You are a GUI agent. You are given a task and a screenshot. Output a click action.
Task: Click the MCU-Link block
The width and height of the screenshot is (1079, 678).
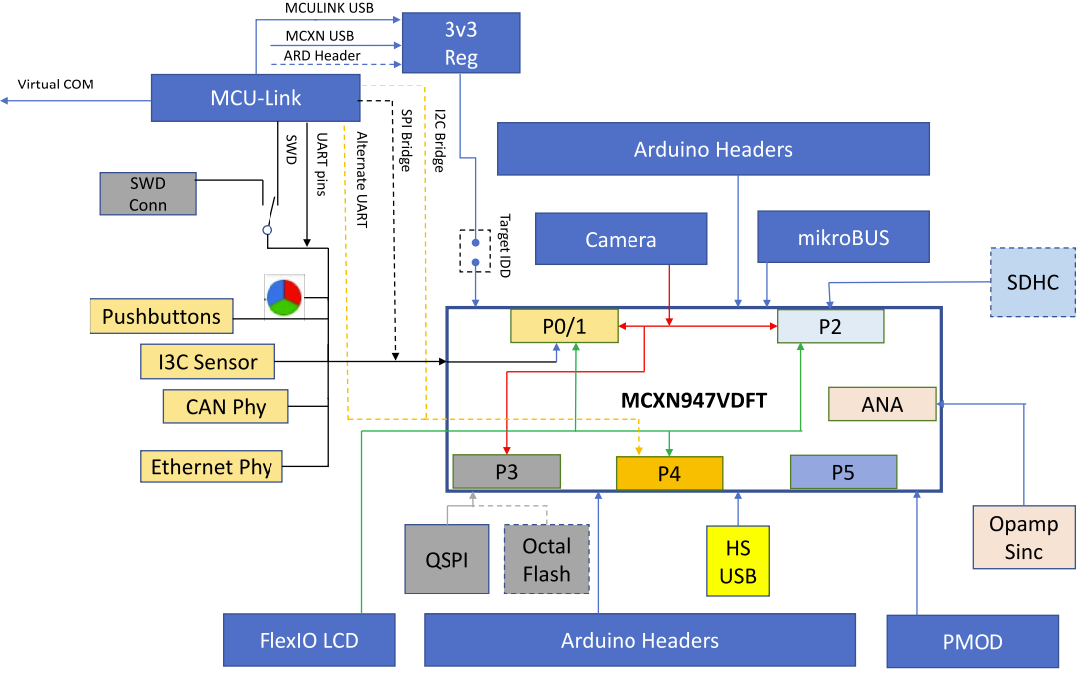click(x=256, y=99)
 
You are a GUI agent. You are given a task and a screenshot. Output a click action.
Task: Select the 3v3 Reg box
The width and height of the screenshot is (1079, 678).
click(x=460, y=42)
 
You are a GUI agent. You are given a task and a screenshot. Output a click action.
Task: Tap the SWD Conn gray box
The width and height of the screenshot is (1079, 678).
click(x=148, y=193)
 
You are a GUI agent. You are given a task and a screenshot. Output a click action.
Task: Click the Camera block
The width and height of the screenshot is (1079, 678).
click(x=621, y=239)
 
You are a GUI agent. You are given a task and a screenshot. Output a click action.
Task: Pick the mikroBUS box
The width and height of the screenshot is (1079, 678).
click(x=842, y=239)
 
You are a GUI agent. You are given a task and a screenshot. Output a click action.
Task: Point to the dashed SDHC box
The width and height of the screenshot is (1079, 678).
click(x=1033, y=282)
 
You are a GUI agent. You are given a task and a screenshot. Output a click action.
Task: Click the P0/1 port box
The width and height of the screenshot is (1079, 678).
click(x=564, y=326)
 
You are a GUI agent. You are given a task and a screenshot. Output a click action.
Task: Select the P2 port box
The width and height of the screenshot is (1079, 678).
click(x=830, y=327)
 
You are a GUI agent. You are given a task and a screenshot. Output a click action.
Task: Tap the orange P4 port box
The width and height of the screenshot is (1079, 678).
click(x=669, y=473)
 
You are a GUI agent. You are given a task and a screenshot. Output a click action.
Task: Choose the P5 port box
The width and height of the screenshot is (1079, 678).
click(x=843, y=472)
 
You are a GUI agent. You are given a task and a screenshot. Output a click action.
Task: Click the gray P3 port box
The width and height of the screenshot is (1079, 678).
click(x=506, y=472)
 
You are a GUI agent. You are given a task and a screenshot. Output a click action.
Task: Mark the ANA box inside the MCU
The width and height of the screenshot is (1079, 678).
click(x=882, y=404)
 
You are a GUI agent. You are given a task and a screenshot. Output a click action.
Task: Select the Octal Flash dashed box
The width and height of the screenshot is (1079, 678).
click(x=546, y=560)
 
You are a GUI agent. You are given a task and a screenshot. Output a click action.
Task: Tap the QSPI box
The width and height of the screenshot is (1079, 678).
click(x=447, y=560)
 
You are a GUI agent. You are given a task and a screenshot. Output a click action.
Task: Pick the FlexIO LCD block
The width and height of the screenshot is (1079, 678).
click(x=309, y=640)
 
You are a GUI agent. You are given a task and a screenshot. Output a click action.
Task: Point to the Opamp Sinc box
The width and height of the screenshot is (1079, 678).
click(x=1023, y=538)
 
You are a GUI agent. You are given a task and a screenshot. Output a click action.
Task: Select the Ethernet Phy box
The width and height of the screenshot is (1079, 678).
click(x=211, y=466)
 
